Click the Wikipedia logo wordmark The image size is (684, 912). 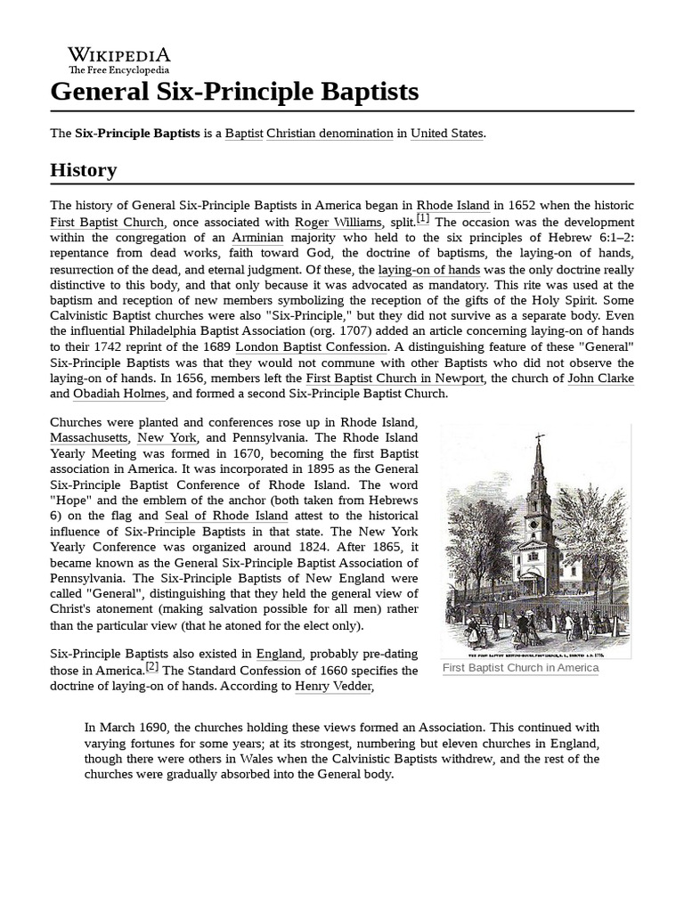119,54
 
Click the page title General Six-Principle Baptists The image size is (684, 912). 234,92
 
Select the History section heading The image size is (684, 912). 83,169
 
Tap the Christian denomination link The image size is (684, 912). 330,134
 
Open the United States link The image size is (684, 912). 446,134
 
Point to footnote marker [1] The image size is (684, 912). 422,219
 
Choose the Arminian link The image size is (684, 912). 257,238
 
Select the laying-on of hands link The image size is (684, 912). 429,269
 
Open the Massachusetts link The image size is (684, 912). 89,438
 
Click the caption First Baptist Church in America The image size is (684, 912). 521,668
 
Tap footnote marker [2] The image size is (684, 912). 152,667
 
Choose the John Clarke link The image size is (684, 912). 600,379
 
